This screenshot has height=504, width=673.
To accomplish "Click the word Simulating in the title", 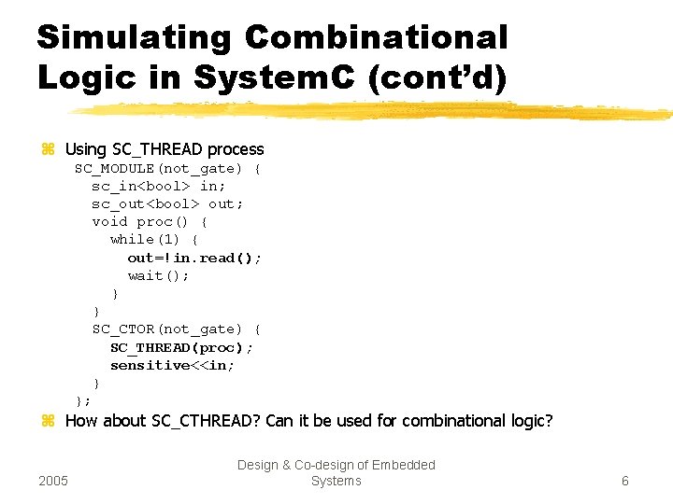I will coord(134,38).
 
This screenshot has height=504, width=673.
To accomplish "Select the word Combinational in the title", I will coord(376,38).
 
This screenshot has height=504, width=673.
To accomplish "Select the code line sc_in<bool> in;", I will coord(158,186).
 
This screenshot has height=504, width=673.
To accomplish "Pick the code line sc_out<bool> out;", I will coord(167,203).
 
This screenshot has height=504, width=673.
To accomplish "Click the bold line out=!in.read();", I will coord(194,258).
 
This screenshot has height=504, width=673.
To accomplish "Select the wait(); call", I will coord(159,275).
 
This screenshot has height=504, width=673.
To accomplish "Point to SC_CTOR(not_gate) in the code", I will coord(167,329).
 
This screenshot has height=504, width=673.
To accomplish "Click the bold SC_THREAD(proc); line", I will coord(181,347).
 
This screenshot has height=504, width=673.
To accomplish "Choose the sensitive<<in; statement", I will coord(173,365).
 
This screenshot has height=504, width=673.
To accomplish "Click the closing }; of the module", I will coord(83,401).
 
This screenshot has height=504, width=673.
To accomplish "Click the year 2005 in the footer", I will coord(54,481).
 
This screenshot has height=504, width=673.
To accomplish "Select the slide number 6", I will coord(624,481).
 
